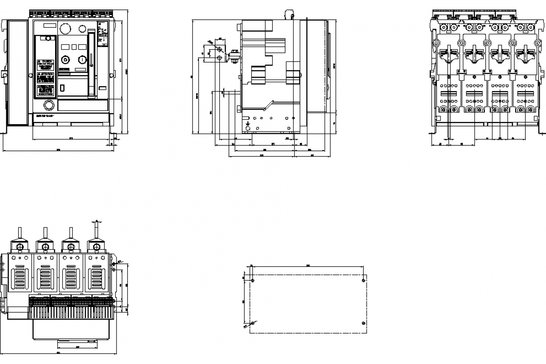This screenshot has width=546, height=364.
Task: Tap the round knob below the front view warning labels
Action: pyautogui.click(x=48, y=106)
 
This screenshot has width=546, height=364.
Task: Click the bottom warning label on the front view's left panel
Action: pyautogui.click(x=45, y=89)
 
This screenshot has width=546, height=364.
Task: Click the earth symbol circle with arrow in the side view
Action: pyautogui.click(x=248, y=128)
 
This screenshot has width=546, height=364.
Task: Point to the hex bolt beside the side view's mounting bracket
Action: pyautogui.click(x=235, y=57)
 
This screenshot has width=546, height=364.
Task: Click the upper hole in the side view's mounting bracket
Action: pyautogui.click(x=220, y=49)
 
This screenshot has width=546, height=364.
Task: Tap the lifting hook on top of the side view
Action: pyautogui.click(x=288, y=14)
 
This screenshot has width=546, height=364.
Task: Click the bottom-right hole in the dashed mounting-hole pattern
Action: pyautogui.click(x=363, y=323)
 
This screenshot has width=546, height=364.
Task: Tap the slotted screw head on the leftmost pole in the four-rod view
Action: pyautogui.click(x=20, y=247)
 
